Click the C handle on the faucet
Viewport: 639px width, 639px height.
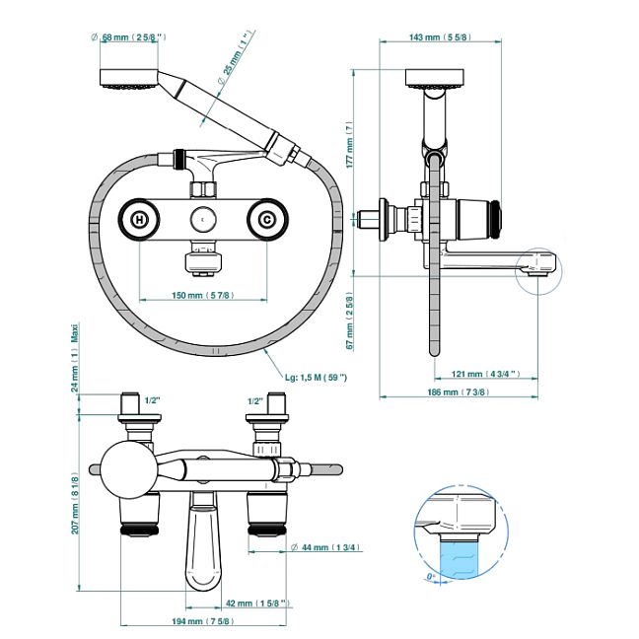[x=266, y=220]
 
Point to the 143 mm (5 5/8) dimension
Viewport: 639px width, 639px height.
[x=438, y=37]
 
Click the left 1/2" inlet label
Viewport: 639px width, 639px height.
[x=152, y=400]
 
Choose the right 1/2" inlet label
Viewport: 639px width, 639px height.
[x=254, y=400]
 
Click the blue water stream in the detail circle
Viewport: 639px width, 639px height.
[x=459, y=558]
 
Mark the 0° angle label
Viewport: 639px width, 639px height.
[x=431, y=575]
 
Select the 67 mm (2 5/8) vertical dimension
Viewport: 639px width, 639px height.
[x=348, y=319]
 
